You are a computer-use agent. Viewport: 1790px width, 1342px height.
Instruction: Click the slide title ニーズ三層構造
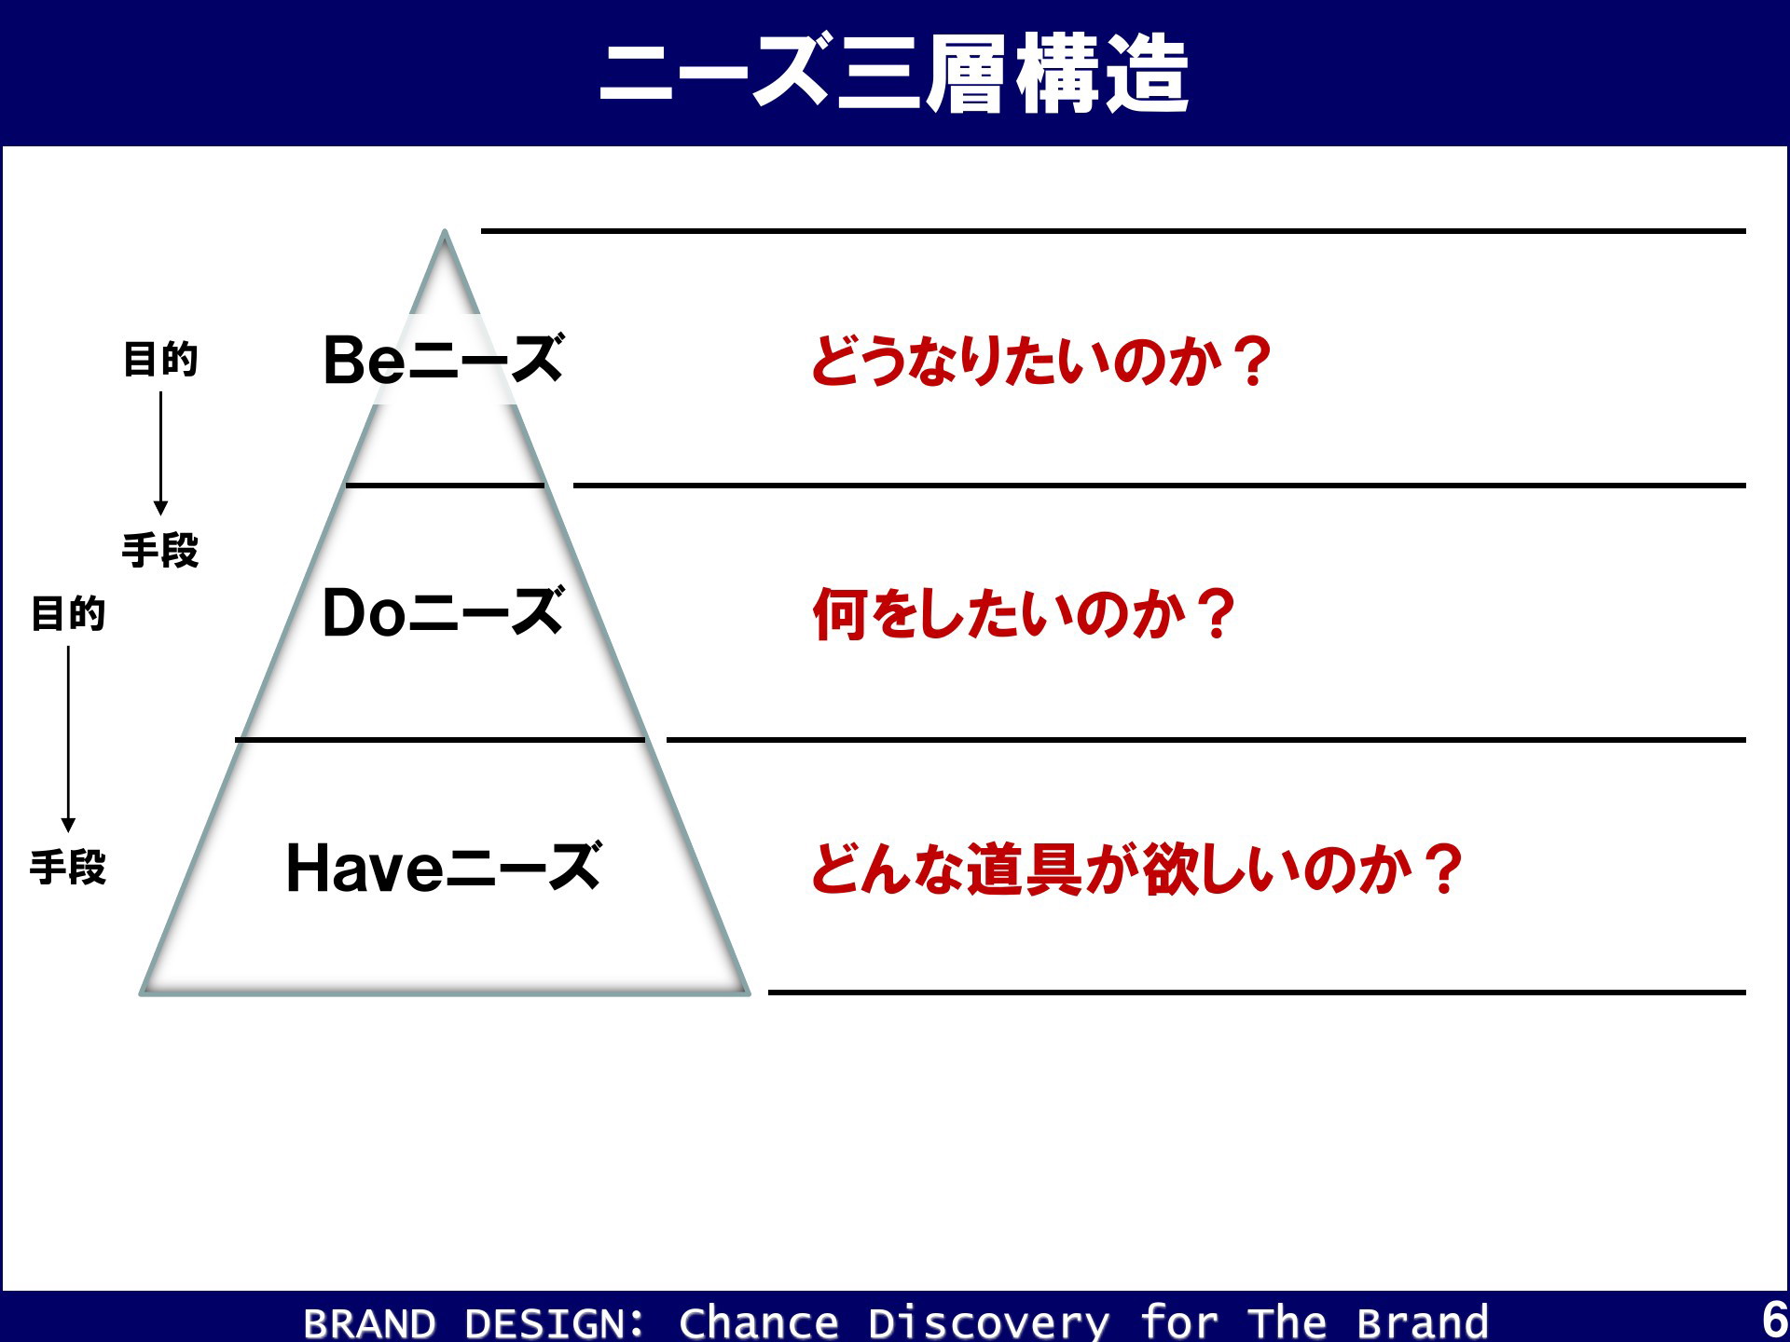894,75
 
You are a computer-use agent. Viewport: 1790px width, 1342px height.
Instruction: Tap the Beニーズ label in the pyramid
444,360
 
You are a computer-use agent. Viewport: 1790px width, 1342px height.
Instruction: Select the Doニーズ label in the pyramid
444,613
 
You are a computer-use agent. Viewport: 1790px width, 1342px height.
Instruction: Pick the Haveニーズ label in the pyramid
444,868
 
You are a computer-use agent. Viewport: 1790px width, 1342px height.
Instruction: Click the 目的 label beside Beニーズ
160,360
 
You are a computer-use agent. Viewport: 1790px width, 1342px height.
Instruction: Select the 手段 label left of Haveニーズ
68,868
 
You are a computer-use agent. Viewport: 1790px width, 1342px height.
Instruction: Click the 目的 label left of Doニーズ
68,614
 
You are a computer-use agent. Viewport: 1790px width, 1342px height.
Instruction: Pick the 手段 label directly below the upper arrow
160,551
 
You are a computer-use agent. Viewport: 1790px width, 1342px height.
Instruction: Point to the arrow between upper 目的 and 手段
160,453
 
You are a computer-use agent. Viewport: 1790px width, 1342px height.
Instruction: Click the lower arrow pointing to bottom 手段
68,739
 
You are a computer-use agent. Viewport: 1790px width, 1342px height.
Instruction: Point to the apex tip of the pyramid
445,231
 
